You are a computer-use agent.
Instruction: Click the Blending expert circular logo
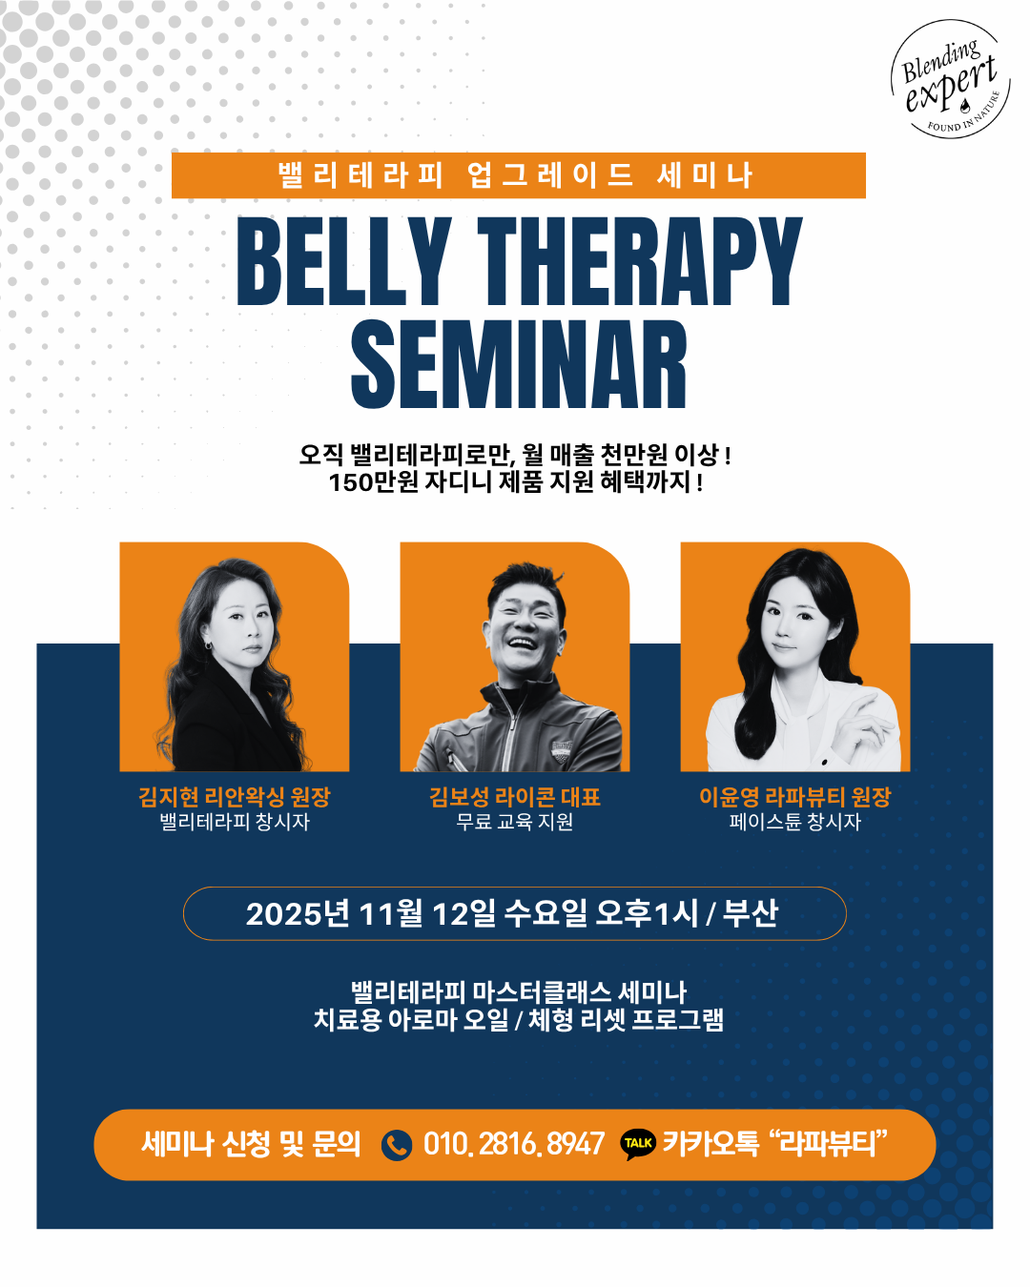(x=951, y=79)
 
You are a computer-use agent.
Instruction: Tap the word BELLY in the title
(x=344, y=261)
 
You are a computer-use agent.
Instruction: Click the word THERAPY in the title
(x=639, y=261)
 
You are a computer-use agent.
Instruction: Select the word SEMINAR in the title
(x=518, y=363)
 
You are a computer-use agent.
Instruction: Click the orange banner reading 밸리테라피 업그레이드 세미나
(x=518, y=175)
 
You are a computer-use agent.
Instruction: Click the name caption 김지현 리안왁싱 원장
(x=235, y=797)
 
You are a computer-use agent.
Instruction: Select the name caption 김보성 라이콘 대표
(x=515, y=797)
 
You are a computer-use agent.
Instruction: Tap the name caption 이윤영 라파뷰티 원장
(x=795, y=797)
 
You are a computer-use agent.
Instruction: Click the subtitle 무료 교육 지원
(x=515, y=822)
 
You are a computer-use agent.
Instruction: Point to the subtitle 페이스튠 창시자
(x=795, y=822)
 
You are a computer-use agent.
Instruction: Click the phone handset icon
(x=396, y=1145)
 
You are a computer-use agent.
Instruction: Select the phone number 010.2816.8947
(x=513, y=1144)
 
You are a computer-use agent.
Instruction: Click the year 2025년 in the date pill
(x=298, y=914)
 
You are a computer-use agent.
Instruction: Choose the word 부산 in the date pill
(x=751, y=913)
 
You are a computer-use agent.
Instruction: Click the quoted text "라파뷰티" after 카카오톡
(x=828, y=1143)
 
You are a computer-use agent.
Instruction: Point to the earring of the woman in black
(x=208, y=645)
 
